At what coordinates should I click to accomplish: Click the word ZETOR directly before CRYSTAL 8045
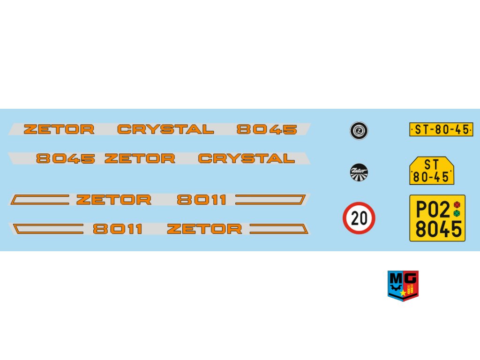click(59, 129)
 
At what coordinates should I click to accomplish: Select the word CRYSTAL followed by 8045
click(165, 129)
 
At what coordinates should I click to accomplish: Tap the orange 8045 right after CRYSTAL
click(267, 129)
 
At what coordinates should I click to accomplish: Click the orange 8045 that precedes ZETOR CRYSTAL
click(66, 158)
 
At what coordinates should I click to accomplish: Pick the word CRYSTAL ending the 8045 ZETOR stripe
click(247, 158)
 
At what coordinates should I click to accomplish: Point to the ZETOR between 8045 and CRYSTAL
click(140, 158)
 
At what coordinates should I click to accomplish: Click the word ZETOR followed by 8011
click(114, 200)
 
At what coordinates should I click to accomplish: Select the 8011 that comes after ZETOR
click(202, 200)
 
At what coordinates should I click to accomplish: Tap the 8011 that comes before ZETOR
click(118, 229)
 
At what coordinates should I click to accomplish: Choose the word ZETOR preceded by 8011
click(204, 229)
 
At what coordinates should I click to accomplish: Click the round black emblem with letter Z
click(359, 130)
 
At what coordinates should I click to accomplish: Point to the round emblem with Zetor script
click(359, 172)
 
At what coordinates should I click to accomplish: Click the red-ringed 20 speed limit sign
click(359, 218)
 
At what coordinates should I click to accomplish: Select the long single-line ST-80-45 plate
click(441, 129)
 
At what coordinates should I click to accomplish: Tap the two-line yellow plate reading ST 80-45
click(432, 171)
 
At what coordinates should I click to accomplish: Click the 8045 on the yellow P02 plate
click(438, 230)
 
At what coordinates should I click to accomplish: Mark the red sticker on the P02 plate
click(457, 205)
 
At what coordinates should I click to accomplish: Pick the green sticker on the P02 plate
click(457, 213)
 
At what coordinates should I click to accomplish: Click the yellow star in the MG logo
click(403, 293)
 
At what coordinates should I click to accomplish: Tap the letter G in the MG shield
click(411, 278)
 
